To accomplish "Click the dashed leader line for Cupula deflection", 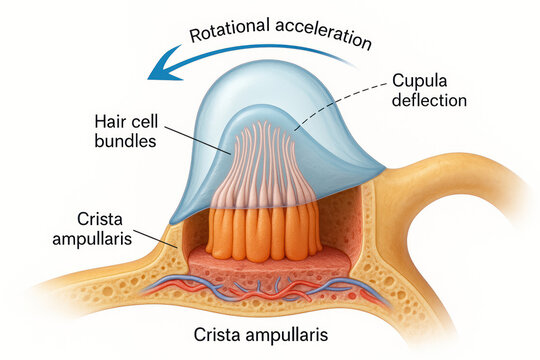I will point(340,108).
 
